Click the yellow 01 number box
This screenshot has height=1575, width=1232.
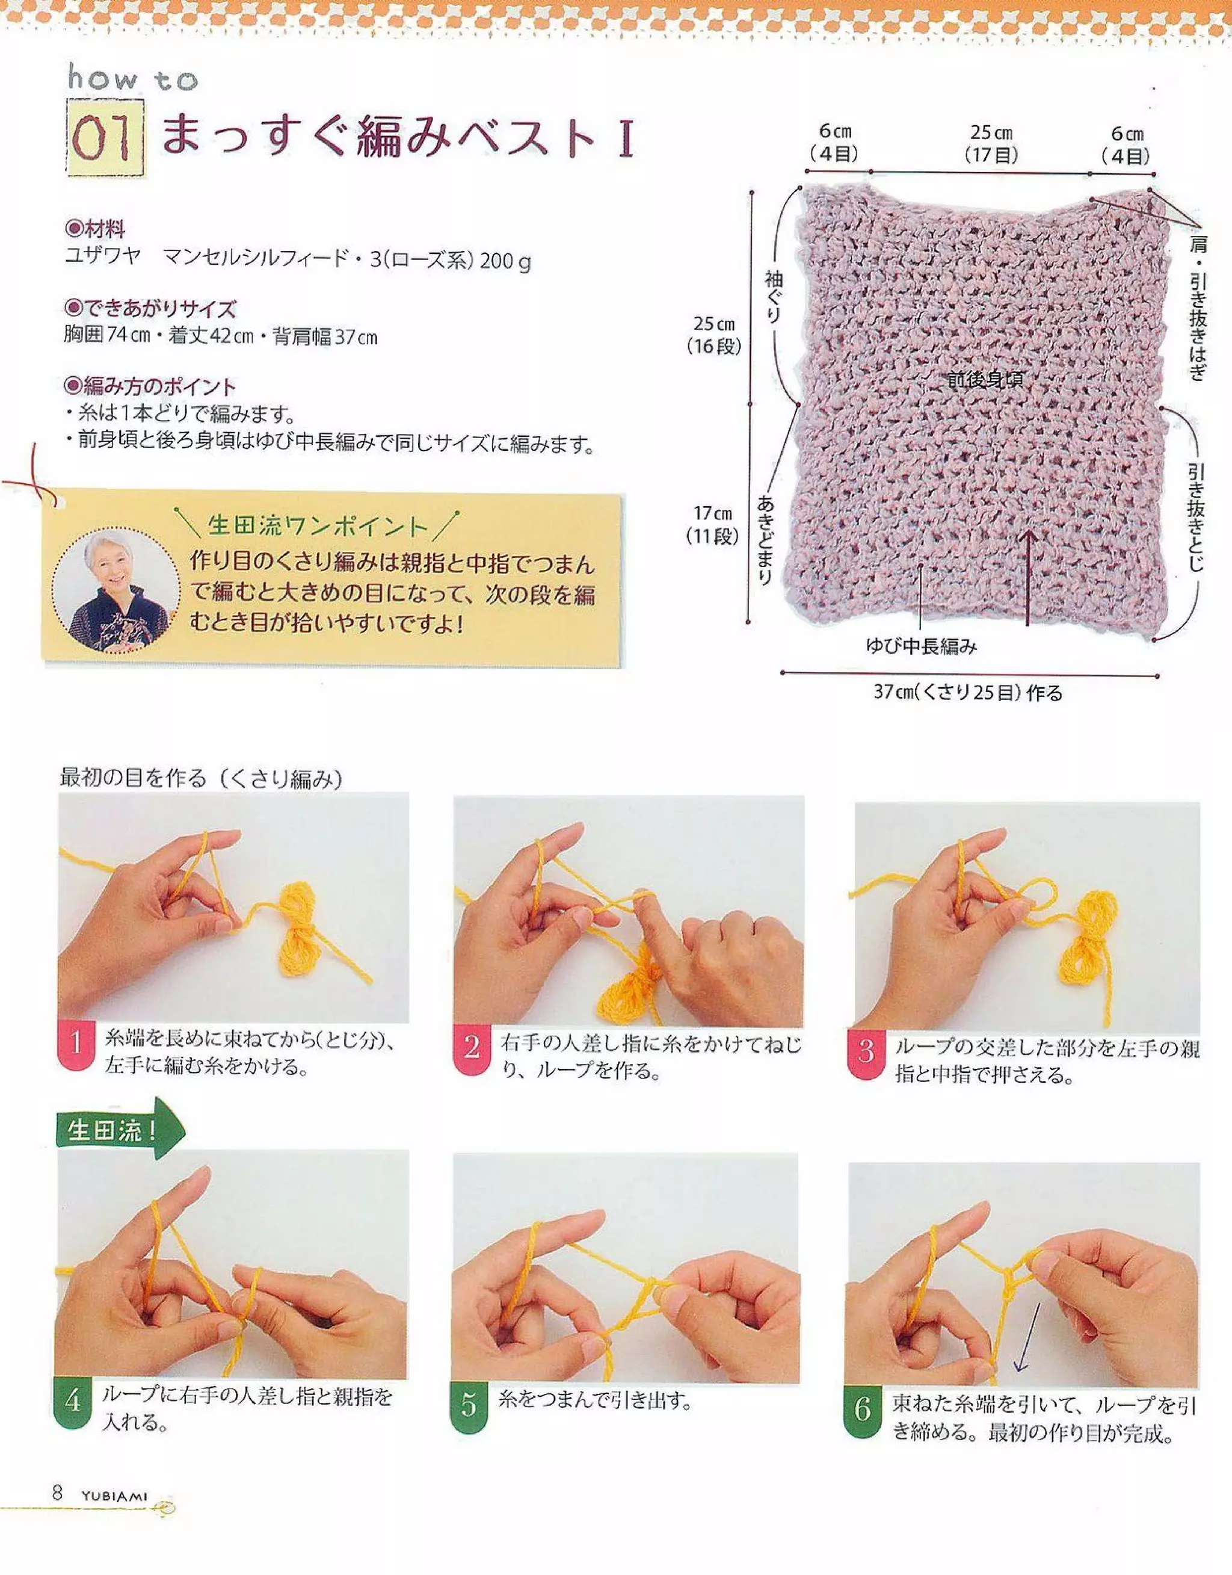pyautogui.click(x=105, y=138)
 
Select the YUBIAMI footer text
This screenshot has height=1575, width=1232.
pyautogui.click(x=114, y=1495)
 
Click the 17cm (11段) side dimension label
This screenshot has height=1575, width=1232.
pyautogui.click(x=713, y=525)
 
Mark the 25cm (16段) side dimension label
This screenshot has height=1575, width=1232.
pyautogui.click(x=714, y=335)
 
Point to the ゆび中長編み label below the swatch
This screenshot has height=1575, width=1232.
pyautogui.click(x=921, y=647)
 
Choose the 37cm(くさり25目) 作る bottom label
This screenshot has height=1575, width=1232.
pyautogui.click(x=968, y=693)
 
